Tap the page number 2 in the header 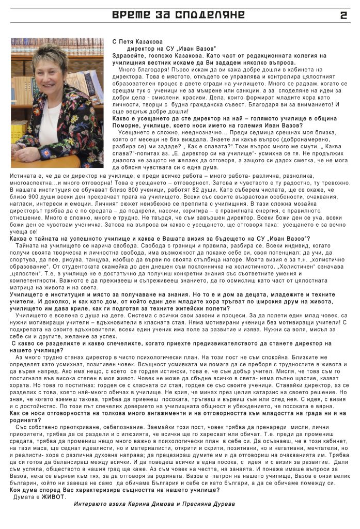point(343,15)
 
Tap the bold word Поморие point(127,125)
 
